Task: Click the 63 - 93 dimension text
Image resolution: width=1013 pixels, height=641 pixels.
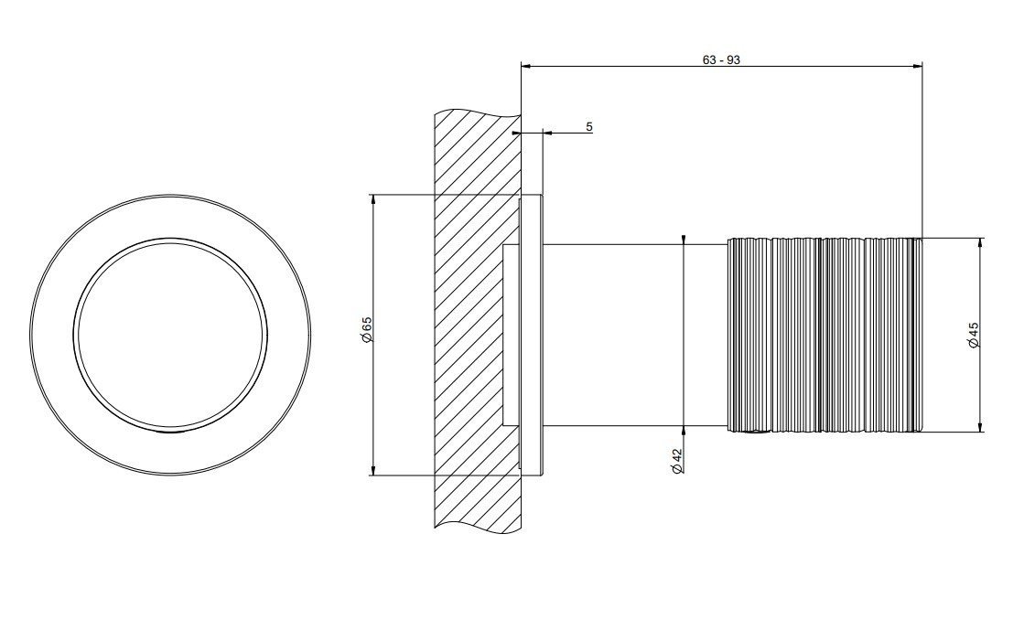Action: pyautogui.click(x=721, y=60)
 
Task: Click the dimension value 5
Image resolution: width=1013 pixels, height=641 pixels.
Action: pyautogui.click(x=589, y=127)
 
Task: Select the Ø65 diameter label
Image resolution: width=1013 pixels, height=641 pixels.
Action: pyautogui.click(x=366, y=330)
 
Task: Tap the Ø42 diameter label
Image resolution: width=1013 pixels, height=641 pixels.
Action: pyautogui.click(x=676, y=461)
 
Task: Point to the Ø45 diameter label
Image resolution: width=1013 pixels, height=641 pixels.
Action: pyautogui.click(x=974, y=336)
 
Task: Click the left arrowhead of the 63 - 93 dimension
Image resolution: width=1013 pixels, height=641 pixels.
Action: pyautogui.click(x=525, y=65)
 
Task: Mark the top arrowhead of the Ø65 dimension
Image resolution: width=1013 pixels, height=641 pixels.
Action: pyautogui.click(x=372, y=198)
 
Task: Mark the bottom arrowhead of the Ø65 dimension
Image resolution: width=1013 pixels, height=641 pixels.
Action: pyautogui.click(x=372, y=471)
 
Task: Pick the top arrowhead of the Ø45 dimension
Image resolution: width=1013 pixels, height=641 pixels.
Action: pyautogui.click(x=981, y=243)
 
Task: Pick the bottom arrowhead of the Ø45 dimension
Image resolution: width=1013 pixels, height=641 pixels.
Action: pyautogui.click(x=981, y=427)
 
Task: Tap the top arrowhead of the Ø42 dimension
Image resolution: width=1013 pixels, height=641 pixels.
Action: pyautogui.click(x=684, y=240)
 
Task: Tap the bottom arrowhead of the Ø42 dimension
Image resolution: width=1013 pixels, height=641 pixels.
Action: pyautogui.click(x=684, y=432)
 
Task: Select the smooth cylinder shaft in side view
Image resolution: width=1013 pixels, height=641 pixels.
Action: pyautogui.click(x=635, y=335)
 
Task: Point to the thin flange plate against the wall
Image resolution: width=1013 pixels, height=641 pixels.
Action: pyautogui.click(x=531, y=335)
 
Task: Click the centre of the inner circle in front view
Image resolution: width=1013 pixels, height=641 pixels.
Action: pyautogui.click(x=170, y=335)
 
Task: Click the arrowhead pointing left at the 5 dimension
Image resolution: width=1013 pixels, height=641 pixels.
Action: pyautogui.click(x=547, y=133)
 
